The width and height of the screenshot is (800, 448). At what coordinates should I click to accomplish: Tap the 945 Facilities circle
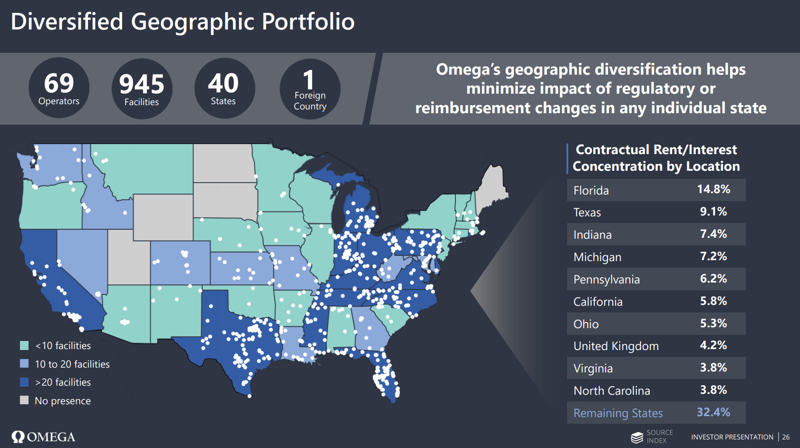pos(142,89)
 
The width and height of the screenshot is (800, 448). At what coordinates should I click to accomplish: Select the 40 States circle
pos(223,88)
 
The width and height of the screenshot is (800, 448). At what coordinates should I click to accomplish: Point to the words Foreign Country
pos(310,101)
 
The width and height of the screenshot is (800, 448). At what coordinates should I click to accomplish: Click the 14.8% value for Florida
pos(713,189)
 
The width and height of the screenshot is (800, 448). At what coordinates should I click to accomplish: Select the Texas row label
pos(587,213)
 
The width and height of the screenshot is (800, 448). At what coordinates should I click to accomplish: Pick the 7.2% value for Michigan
pos(713,256)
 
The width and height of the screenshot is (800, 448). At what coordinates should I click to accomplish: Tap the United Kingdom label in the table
pos(616,346)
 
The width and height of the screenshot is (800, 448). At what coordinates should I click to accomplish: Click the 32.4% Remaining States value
pos(713,412)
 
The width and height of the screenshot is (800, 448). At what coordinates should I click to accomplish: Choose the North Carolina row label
pos(612,391)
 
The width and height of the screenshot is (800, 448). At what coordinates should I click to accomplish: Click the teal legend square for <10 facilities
pos(24,345)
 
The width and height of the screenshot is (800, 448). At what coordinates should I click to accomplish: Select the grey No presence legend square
pos(24,400)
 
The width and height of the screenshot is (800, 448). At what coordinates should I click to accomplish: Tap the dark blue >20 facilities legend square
pos(24,382)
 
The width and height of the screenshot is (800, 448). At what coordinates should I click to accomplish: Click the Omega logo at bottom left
pos(43,437)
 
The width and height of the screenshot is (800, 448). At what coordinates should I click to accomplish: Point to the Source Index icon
pos(637,437)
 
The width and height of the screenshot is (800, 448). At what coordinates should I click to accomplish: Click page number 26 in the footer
pos(786,437)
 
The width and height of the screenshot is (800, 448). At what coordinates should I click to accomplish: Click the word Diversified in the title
pos(67,22)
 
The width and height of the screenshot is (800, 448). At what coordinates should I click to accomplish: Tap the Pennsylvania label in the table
pos(607,280)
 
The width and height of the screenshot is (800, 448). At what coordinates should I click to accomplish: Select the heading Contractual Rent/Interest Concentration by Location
pos(656,158)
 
